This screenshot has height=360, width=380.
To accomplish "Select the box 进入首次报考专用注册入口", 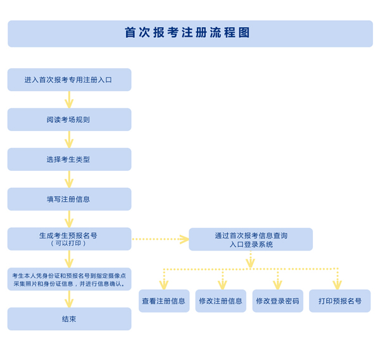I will click(x=69, y=80).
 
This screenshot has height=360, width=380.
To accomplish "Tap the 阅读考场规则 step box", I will click(x=69, y=120).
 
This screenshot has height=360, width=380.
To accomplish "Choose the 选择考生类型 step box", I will click(x=69, y=159).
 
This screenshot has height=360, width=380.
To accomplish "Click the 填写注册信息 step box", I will click(x=69, y=199).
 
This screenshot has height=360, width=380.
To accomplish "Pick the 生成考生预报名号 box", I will click(x=69, y=235).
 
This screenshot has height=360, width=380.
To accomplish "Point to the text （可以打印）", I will click(x=69, y=243).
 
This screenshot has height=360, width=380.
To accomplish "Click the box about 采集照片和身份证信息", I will click(x=69, y=279).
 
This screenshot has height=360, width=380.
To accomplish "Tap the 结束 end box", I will click(x=69, y=319).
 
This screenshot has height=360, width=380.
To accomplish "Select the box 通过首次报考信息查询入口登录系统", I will click(x=251, y=239).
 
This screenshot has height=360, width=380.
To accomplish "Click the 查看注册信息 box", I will click(x=164, y=301).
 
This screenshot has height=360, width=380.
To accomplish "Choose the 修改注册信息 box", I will click(x=220, y=301).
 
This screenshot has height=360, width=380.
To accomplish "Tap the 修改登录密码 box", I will click(x=277, y=301).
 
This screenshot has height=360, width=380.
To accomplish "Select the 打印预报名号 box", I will click(x=339, y=301).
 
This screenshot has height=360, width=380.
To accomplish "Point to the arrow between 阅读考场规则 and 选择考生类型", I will click(x=69, y=139).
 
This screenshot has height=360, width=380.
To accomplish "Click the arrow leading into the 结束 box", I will click(x=69, y=299).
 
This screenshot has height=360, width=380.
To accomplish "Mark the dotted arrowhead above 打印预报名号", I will click(x=338, y=285).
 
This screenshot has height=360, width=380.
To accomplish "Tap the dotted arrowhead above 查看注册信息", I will click(x=164, y=285).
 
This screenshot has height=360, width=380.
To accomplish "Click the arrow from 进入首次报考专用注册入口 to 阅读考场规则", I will click(x=69, y=99).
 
